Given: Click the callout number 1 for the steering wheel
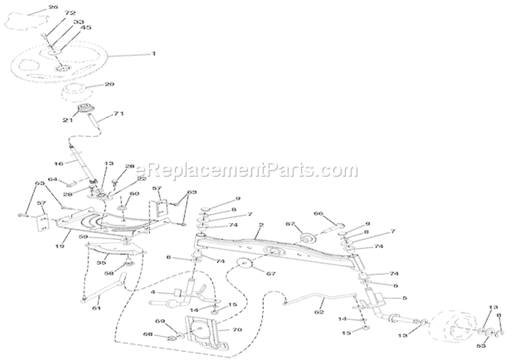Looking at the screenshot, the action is pyautogui.click(x=154, y=53).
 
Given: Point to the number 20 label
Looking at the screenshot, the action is pyautogui.click(x=109, y=85).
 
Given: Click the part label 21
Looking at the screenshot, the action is pyautogui.click(x=67, y=121).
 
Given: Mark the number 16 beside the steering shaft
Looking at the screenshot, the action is pyautogui.click(x=58, y=165).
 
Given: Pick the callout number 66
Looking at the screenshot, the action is pyautogui.click(x=317, y=214).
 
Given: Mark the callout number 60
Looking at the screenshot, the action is pyautogui.click(x=134, y=195).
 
